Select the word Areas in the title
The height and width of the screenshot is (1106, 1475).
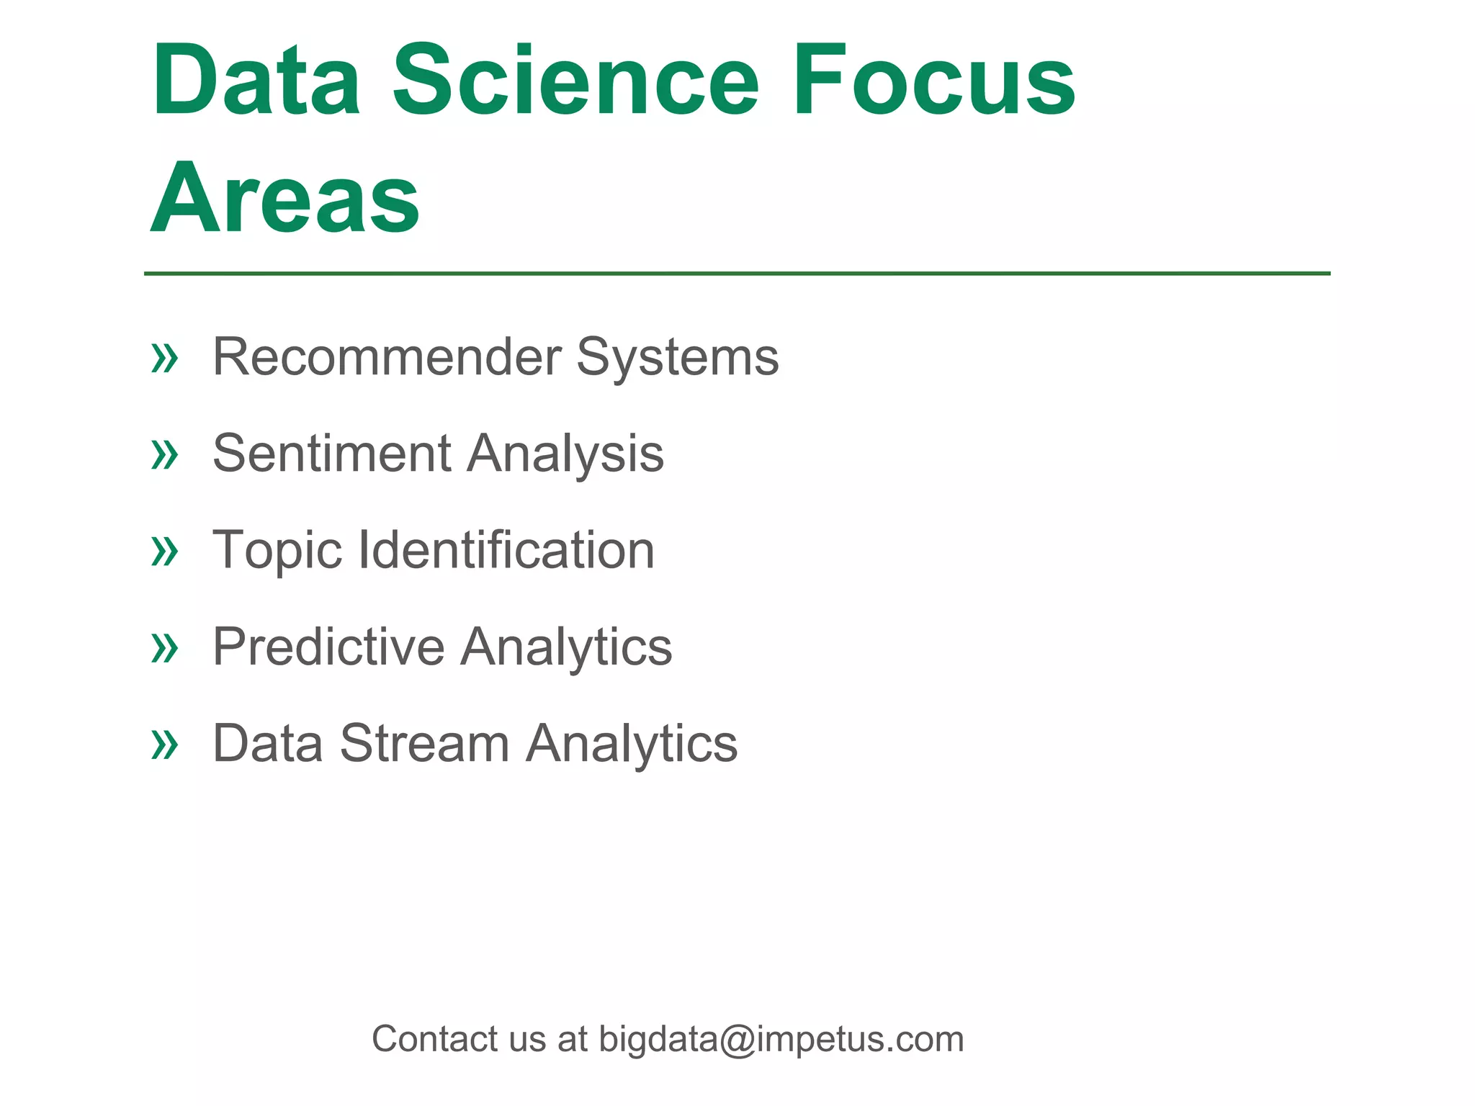[x=285, y=198]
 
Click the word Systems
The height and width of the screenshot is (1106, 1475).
[x=678, y=358]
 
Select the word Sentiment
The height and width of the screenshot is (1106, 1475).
[x=332, y=454]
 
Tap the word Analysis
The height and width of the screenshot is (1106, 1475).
[x=565, y=455]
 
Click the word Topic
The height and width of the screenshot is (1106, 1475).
[x=277, y=551]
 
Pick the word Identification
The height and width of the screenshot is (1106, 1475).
[x=506, y=550]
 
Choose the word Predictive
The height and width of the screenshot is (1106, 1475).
[x=328, y=647]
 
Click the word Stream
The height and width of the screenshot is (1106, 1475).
[x=425, y=743]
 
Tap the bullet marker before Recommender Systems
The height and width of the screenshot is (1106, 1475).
[x=164, y=358]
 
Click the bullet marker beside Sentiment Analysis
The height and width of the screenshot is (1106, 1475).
[x=164, y=455]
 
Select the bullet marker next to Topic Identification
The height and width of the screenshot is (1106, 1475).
[x=164, y=552]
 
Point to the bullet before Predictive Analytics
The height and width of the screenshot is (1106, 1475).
[x=164, y=648]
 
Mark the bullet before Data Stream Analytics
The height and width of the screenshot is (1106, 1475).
[x=164, y=745]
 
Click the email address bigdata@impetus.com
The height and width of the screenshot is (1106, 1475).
[x=781, y=1040]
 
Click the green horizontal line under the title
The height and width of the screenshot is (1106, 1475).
[x=737, y=274]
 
